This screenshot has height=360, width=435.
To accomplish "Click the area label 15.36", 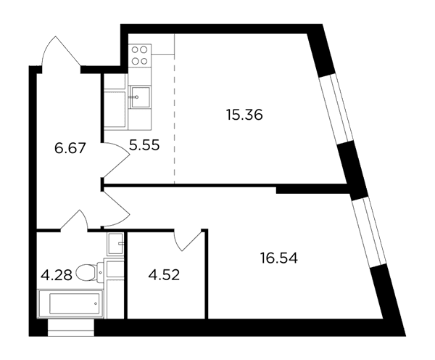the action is (244, 115).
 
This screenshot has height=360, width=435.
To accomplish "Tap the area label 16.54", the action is (279, 258).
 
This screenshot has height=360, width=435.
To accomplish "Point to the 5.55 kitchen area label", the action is (144, 145).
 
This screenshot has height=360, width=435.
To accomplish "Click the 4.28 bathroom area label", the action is (57, 275).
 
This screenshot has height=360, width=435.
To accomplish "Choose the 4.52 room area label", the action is (165, 275).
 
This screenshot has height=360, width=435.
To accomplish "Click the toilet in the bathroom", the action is (89, 271).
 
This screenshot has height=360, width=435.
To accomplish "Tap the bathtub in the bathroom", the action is (71, 303).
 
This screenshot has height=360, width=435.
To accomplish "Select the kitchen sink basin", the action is (140, 97).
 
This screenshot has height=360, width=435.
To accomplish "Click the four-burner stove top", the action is (140, 54).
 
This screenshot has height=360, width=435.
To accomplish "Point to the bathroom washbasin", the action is (115, 244).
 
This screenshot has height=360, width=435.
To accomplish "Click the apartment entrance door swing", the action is (60, 52).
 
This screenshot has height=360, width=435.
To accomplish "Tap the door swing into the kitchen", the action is (116, 160).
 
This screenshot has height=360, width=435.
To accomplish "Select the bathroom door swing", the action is (74, 220).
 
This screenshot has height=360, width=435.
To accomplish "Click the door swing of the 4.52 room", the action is (188, 240).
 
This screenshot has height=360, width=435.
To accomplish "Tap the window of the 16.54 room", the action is (369, 232).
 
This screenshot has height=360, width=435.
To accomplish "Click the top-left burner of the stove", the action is (135, 50).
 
